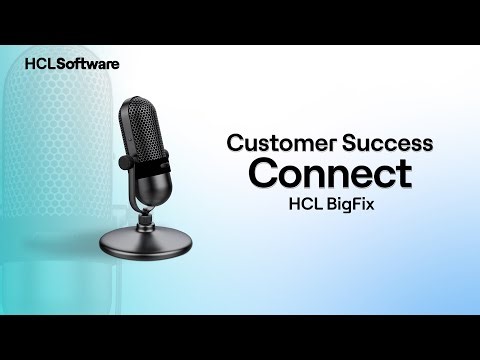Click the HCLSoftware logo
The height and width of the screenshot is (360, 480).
71,63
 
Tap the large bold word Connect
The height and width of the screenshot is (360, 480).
329,173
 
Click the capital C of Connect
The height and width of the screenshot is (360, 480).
265,173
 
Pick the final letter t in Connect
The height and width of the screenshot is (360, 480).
403,173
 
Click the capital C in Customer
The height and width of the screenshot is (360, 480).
234,142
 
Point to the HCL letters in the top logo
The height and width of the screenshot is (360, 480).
39,63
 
